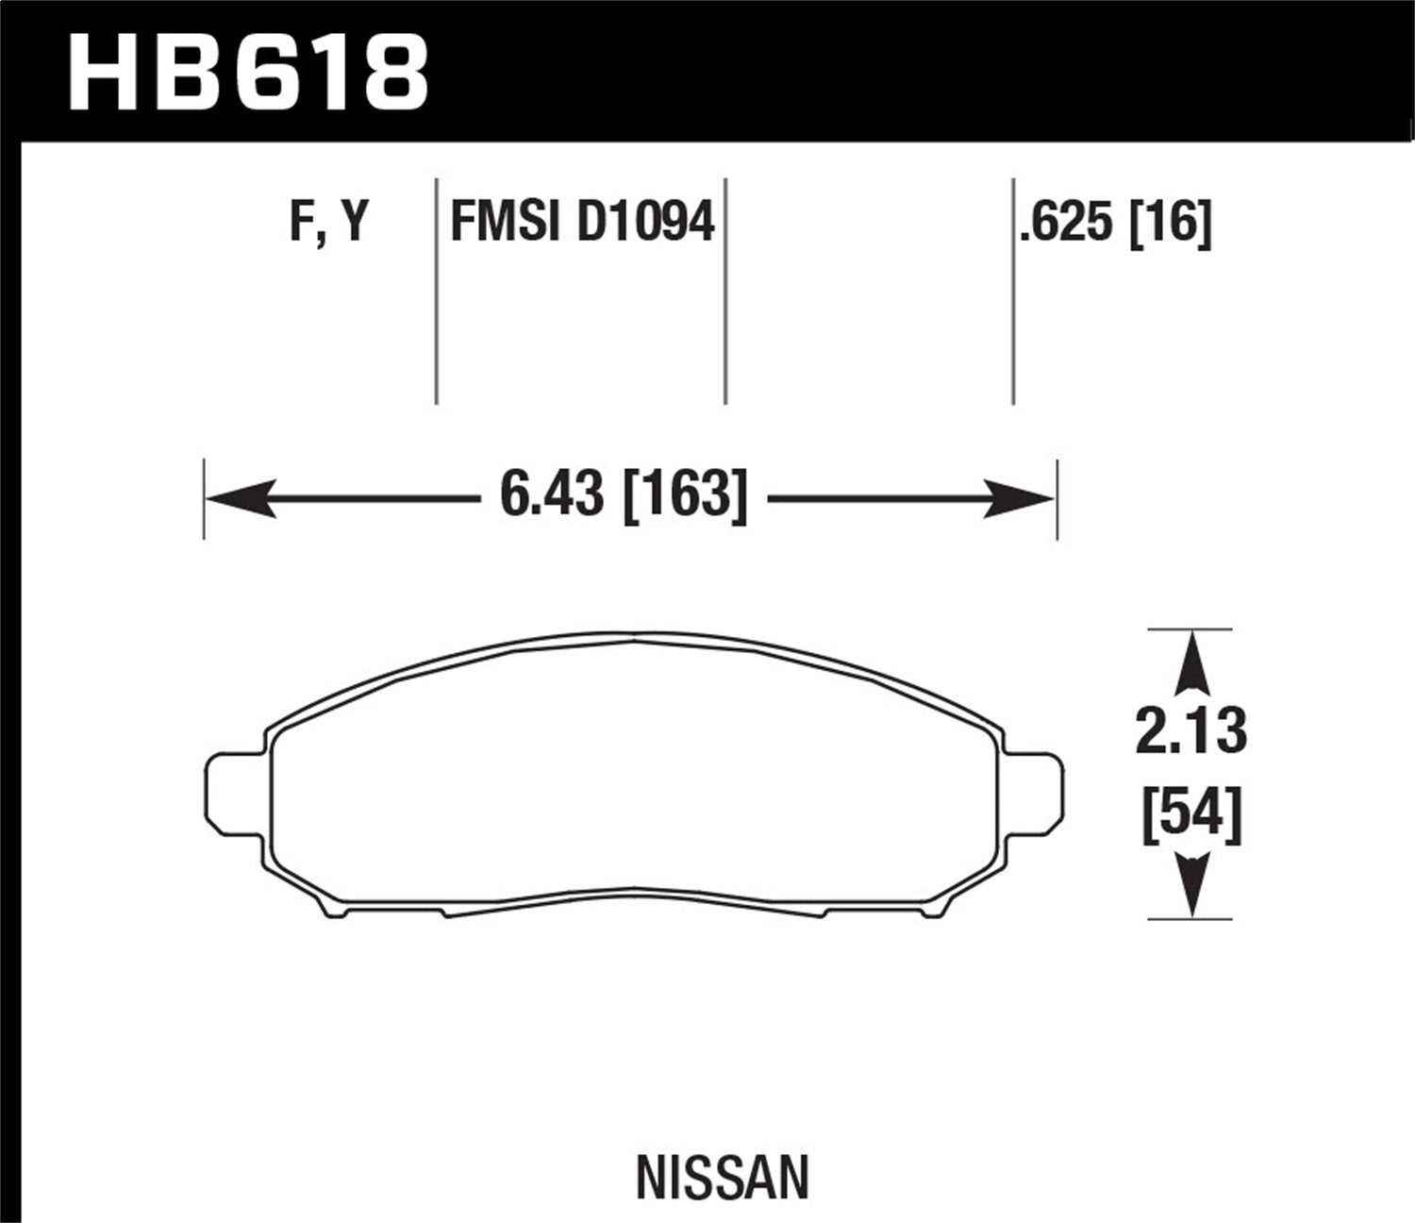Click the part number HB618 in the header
point(248,72)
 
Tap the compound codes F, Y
point(328,225)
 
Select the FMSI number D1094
point(645,224)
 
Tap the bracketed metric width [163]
point(686,494)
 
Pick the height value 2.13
point(1191,731)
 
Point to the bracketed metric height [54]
point(1191,814)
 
